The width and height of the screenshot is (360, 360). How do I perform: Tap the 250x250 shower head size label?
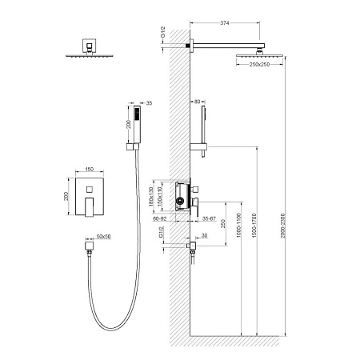pos(254,65)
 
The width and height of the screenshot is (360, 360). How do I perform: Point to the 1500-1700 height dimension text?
pos(254,230)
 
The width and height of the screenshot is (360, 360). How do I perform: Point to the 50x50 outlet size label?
pos(103,237)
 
